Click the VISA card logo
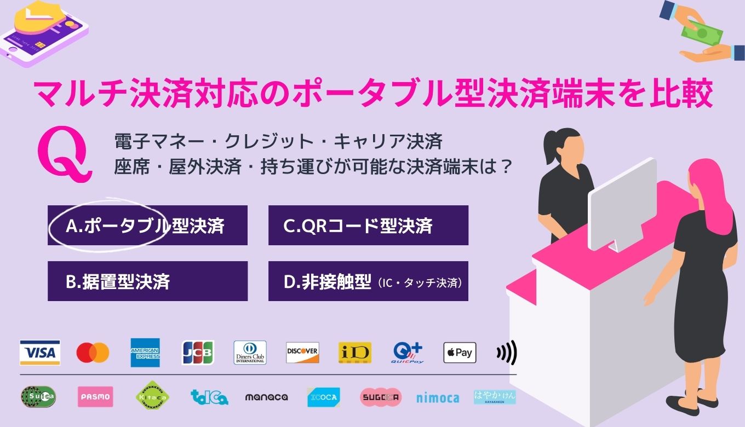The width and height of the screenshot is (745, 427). click(40, 353)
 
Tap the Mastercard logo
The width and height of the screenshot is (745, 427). click(93, 353)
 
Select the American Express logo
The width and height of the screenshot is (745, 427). click(145, 353)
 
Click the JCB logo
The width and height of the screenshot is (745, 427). click(198, 353)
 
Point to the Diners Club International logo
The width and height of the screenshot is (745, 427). click(250, 353)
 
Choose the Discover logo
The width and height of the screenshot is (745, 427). click(302, 353)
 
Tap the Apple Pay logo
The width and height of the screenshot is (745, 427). click(460, 353)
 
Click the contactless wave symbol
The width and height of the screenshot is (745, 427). click(507, 353)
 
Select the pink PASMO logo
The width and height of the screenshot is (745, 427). click(95, 397)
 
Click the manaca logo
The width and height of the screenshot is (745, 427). click(266, 397)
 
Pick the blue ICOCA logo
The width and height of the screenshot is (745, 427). click(323, 397)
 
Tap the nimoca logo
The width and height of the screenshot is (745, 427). click(438, 397)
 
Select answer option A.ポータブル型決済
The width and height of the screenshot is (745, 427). click(147, 226)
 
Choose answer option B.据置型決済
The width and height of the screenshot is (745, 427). click(147, 281)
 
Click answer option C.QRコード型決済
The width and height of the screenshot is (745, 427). click(368, 226)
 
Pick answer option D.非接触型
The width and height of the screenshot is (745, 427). click(368, 281)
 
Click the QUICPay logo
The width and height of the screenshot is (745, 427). click(408, 353)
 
